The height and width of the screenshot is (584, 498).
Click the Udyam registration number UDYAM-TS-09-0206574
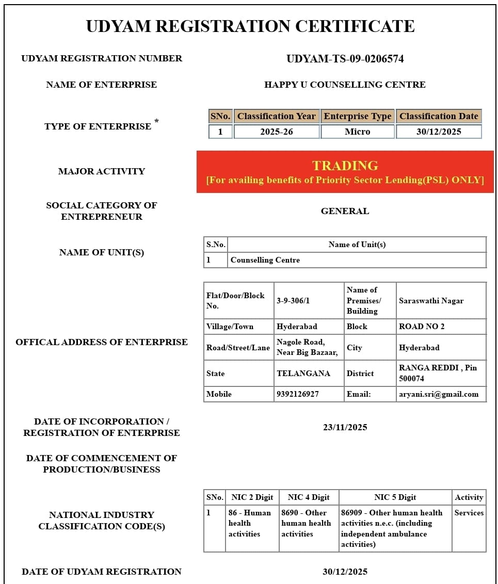pyautogui.click(x=345, y=59)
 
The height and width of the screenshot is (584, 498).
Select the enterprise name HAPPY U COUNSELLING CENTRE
pyautogui.click(x=345, y=85)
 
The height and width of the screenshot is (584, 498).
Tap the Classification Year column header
pyautogui.click(x=277, y=116)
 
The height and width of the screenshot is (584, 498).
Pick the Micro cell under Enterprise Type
pyautogui.click(x=358, y=132)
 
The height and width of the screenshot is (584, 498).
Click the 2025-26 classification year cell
pyautogui.click(x=277, y=132)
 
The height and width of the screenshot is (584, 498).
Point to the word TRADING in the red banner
pyautogui.click(x=345, y=166)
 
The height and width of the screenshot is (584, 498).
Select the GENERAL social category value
pyautogui.click(x=345, y=211)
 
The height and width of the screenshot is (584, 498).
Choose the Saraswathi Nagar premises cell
pyautogui.click(x=431, y=301)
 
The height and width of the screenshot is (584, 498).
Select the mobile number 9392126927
pyautogui.click(x=298, y=394)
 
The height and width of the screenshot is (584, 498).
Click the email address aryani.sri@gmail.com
pyautogui.click(x=439, y=394)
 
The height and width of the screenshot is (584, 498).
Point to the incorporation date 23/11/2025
pyautogui.click(x=345, y=427)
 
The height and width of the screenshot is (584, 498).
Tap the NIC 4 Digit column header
pyautogui.click(x=309, y=497)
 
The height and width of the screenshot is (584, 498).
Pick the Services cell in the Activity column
pyautogui.click(x=469, y=513)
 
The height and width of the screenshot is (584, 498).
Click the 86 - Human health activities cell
pyautogui.click(x=250, y=523)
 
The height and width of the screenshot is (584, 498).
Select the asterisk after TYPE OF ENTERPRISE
pyautogui.click(x=156, y=122)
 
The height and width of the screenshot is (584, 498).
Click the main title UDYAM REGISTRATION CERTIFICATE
pyautogui.click(x=250, y=26)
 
